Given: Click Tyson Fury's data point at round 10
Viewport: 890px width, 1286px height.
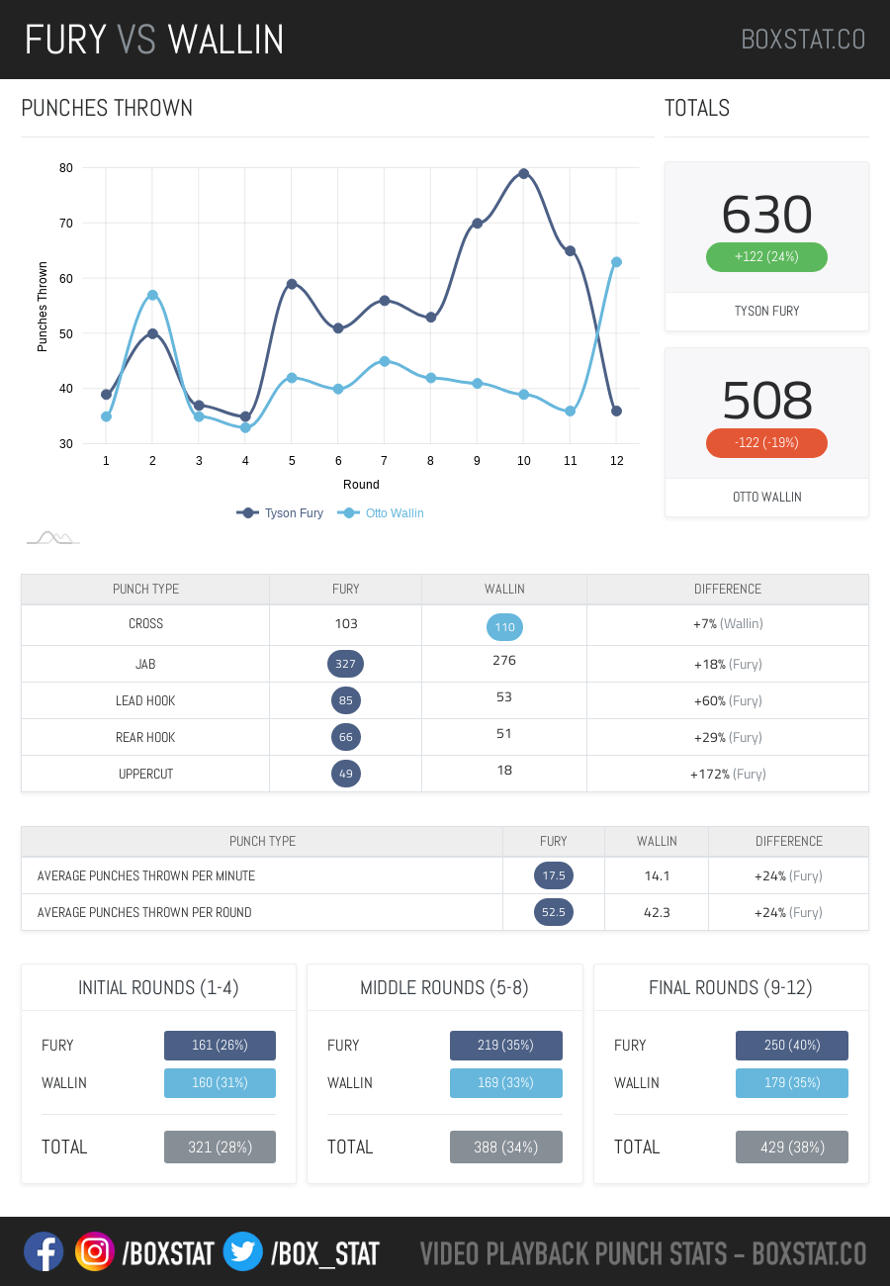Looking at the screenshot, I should click(523, 173).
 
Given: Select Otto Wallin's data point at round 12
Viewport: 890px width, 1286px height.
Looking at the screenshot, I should click(616, 262).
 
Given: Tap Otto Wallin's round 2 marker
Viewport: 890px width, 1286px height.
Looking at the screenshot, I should click(152, 295).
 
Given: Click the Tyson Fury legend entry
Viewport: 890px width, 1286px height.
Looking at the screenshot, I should click(281, 513).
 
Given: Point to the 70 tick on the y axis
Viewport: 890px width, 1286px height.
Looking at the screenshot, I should click(66, 224).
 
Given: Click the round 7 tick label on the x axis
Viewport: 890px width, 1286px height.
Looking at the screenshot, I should click(385, 461).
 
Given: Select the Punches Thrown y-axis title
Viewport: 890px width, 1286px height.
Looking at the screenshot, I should click(43, 307).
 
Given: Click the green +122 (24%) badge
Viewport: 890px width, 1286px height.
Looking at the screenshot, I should click(766, 257).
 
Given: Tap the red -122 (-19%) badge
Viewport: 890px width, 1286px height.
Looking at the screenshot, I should click(766, 443).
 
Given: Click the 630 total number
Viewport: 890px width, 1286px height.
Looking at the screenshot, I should click(766, 214).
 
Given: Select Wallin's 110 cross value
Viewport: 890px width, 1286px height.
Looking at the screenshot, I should click(504, 627).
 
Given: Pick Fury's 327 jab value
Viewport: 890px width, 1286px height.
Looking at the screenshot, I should click(345, 664).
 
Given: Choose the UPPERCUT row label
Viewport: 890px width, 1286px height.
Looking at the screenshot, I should click(145, 774).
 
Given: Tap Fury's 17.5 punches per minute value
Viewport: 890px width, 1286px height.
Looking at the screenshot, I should click(554, 875).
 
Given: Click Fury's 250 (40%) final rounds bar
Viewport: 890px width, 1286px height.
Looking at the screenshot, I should click(792, 1046).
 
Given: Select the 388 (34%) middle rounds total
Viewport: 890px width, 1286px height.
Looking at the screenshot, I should click(506, 1148).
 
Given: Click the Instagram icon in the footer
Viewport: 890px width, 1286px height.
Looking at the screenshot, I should click(95, 1252).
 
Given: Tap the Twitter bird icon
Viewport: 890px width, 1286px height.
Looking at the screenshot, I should click(242, 1252).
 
